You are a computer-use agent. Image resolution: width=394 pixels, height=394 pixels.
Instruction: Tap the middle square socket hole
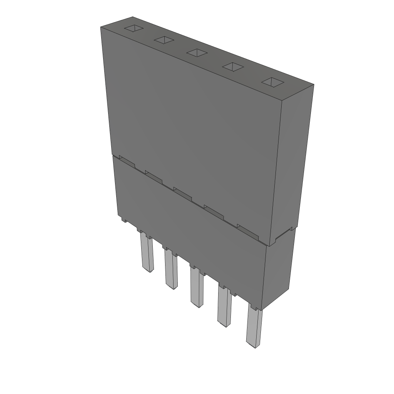[197, 53]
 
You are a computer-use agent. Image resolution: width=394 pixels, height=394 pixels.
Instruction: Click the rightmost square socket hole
[272, 82]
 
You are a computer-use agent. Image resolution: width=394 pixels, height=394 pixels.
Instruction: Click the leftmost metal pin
[147, 254]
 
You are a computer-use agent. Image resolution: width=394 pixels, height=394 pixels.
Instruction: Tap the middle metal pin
[196, 287]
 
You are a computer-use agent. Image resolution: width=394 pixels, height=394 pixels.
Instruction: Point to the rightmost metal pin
[254, 327]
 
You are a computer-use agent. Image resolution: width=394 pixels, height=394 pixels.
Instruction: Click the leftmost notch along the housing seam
[127, 161]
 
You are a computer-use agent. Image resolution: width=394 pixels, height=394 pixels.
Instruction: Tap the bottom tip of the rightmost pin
[253, 346]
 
